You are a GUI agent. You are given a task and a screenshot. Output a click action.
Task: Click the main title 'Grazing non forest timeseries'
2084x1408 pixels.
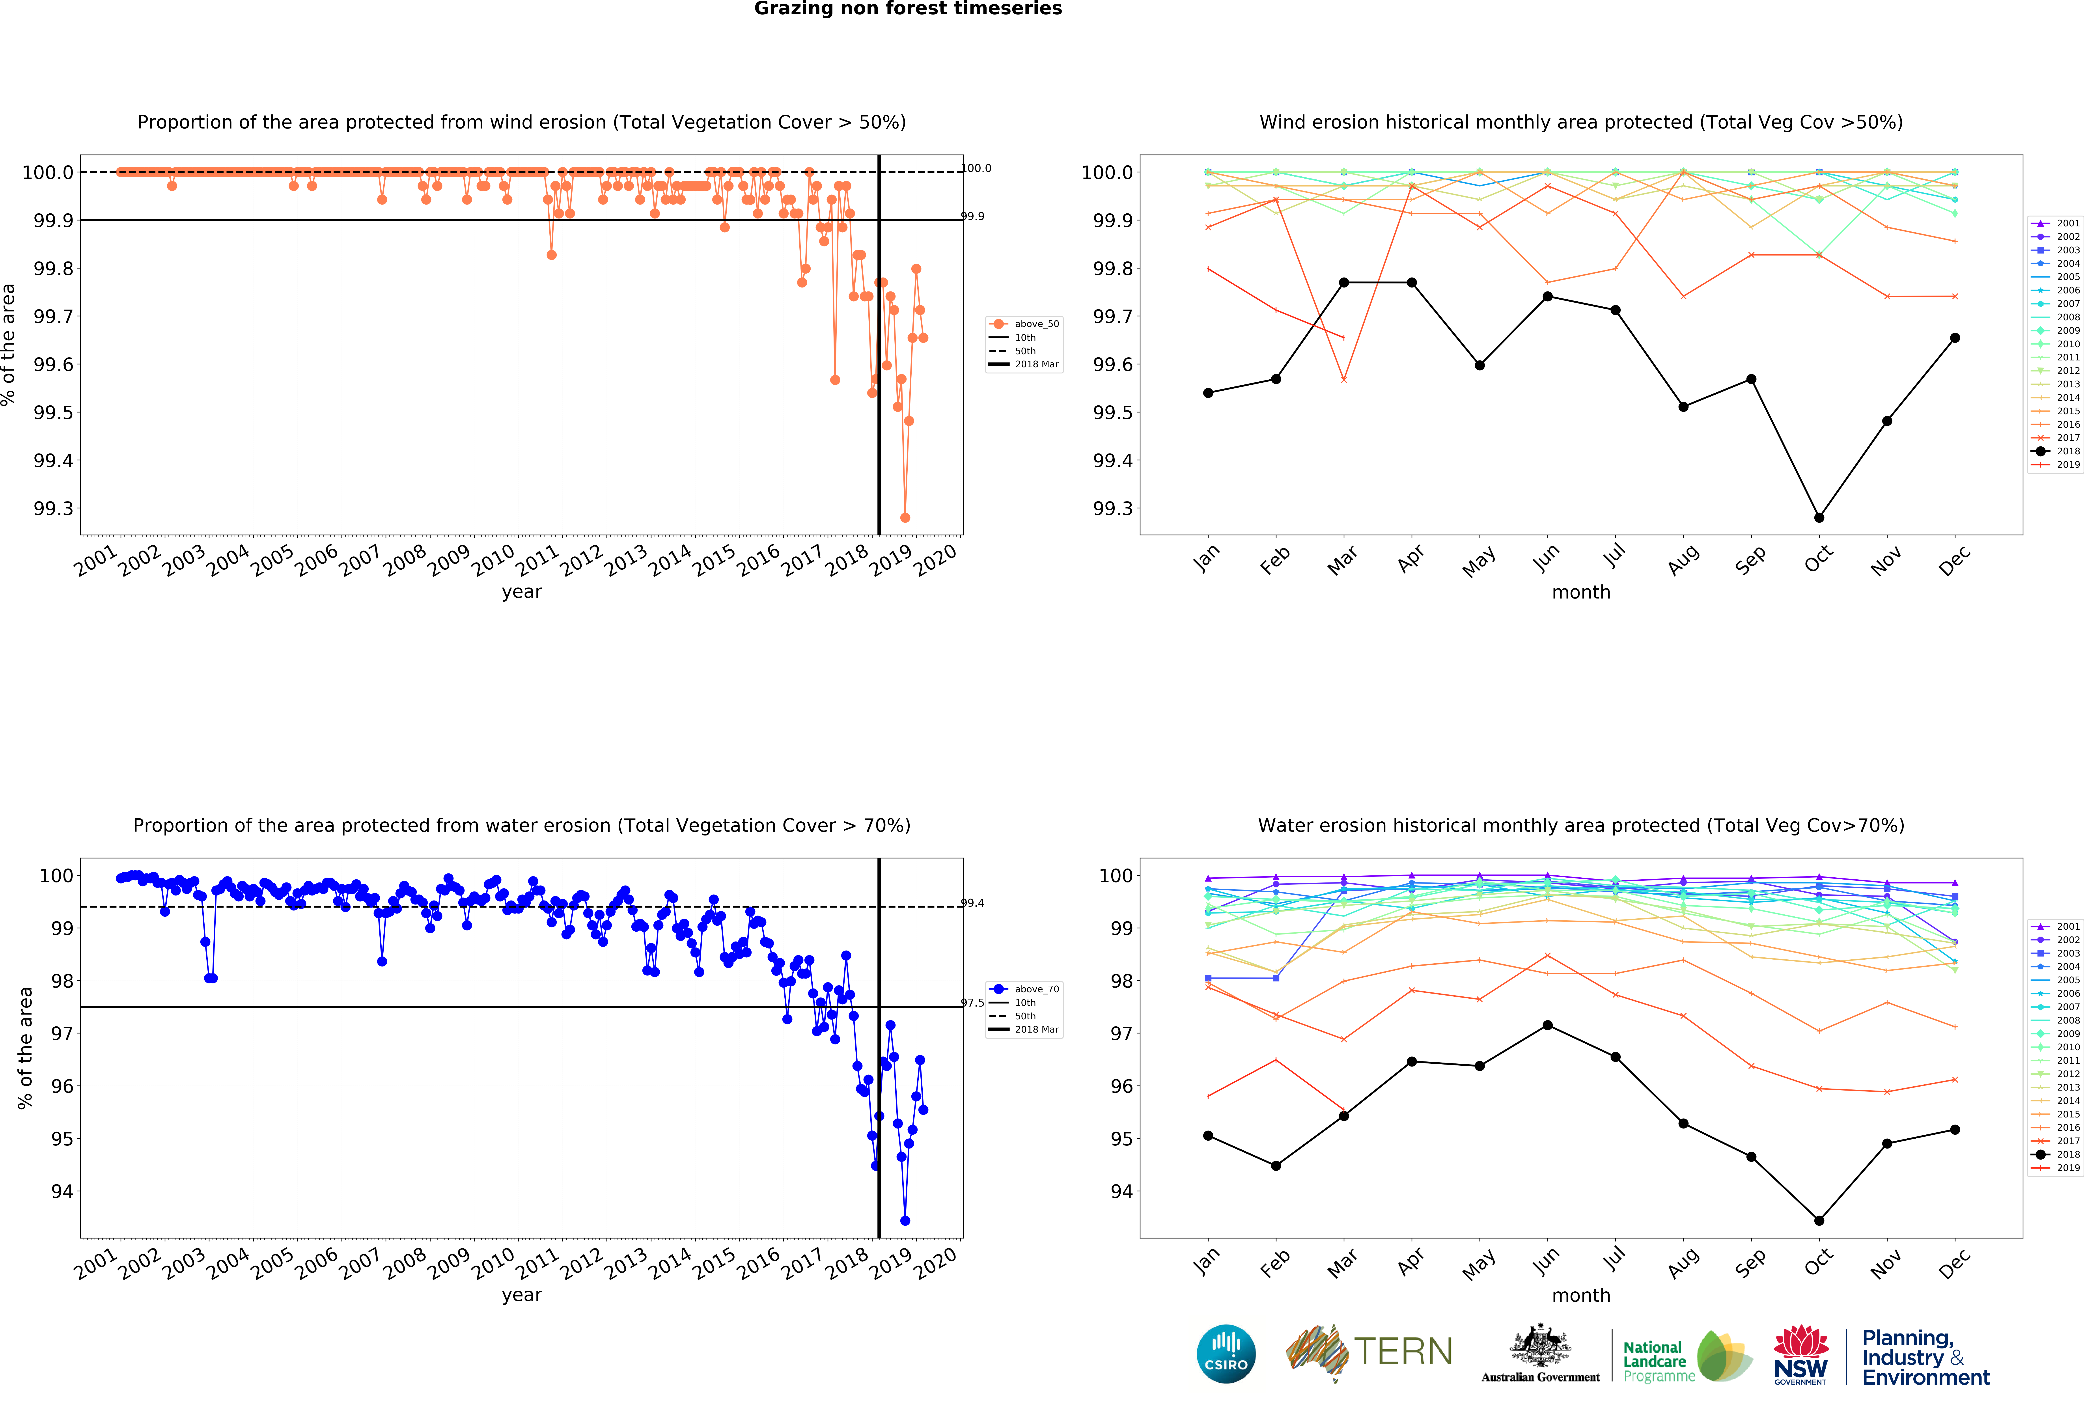click(x=907, y=9)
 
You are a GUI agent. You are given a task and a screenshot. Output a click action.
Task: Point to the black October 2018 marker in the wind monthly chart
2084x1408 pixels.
click(x=1819, y=517)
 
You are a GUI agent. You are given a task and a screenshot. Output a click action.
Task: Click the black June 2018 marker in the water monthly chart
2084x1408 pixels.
click(x=1547, y=1025)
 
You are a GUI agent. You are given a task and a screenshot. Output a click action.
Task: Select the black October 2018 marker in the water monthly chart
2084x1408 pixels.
click(x=1819, y=1221)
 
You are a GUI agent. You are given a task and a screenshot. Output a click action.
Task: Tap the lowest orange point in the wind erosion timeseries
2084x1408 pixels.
click(x=905, y=517)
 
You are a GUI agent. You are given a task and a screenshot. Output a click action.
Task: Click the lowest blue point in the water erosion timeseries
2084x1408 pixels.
click(x=905, y=1221)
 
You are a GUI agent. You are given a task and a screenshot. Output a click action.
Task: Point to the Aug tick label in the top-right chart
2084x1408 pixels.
click(x=1683, y=560)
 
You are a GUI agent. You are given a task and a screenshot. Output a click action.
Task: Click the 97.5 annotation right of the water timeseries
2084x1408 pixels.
click(x=973, y=1003)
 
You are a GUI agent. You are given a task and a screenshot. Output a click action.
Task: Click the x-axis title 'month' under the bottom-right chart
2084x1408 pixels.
click(x=1581, y=1295)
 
